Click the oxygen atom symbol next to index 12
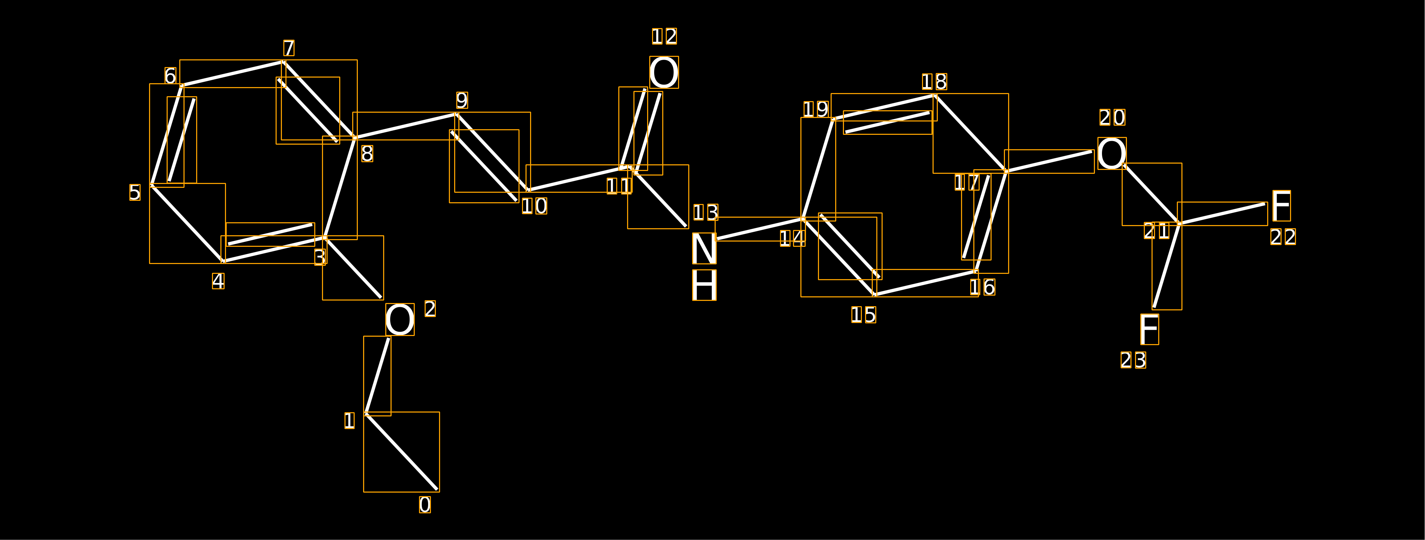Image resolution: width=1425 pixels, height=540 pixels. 664,72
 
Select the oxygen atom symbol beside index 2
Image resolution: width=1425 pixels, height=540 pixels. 400,320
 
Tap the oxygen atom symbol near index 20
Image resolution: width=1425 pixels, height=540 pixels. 1112,154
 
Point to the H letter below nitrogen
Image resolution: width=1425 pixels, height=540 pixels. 704,285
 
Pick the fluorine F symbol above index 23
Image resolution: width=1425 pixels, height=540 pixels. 1149,329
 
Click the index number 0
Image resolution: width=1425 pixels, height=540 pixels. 425,505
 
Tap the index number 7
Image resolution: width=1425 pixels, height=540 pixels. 289,48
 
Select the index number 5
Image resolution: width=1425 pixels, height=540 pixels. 135,192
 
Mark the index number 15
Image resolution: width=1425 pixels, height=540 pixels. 864,315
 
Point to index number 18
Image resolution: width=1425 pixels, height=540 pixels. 934,82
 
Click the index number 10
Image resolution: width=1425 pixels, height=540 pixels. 534,206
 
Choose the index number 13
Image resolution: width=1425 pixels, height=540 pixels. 706,212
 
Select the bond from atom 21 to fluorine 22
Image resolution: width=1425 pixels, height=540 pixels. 1223,214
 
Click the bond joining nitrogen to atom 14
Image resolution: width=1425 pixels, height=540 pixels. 760,229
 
